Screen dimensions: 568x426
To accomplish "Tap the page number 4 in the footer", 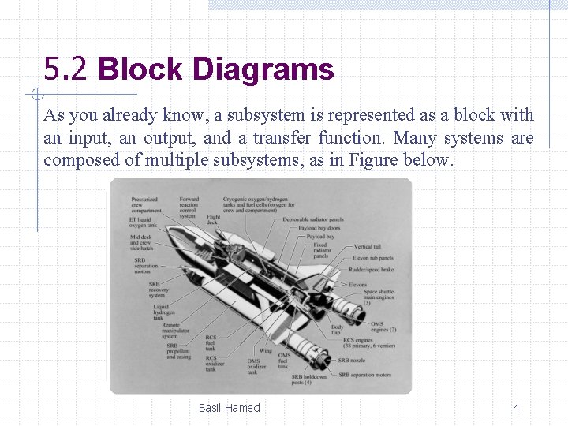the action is coord(516,408).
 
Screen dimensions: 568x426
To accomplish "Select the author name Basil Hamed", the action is coord(229,408).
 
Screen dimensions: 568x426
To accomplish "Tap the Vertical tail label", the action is coord(368,247).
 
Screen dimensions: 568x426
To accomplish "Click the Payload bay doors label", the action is coord(319,228).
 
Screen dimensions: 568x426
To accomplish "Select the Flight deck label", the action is coord(213,219).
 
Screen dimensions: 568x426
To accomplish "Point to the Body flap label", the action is coord(337,330).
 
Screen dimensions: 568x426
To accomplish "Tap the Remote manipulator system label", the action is coord(170,331).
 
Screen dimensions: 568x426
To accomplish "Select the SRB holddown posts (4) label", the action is coord(308,379).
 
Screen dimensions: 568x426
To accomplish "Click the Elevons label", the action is coord(357,285).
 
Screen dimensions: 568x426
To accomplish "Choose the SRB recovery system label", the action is coord(159,290).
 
